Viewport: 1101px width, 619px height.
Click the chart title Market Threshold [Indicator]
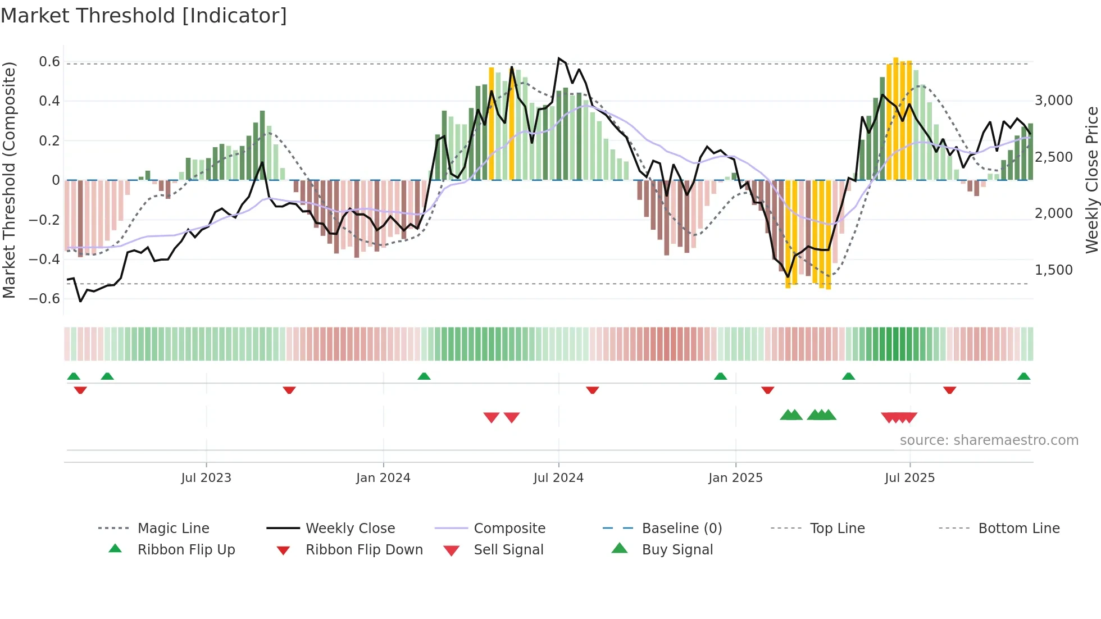(144, 16)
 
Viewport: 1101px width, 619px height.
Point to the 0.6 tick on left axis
(49, 62)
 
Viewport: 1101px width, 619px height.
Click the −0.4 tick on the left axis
(44, 259)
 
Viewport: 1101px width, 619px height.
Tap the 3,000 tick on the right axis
(1054, 101)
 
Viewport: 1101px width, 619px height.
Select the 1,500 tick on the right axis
(1054, 270)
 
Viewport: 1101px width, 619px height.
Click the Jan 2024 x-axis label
(383, 478)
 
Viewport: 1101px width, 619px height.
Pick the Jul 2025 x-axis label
(909, 478)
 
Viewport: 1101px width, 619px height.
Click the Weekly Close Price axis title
(1091, 180)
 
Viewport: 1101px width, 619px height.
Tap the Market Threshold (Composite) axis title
(9, 180)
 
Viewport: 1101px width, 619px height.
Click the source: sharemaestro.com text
(989, 440)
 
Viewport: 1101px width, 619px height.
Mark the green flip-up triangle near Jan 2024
(424, 376)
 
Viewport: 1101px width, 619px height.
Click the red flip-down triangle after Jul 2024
(592, 390)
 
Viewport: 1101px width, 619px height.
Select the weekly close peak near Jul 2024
(558, 58)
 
